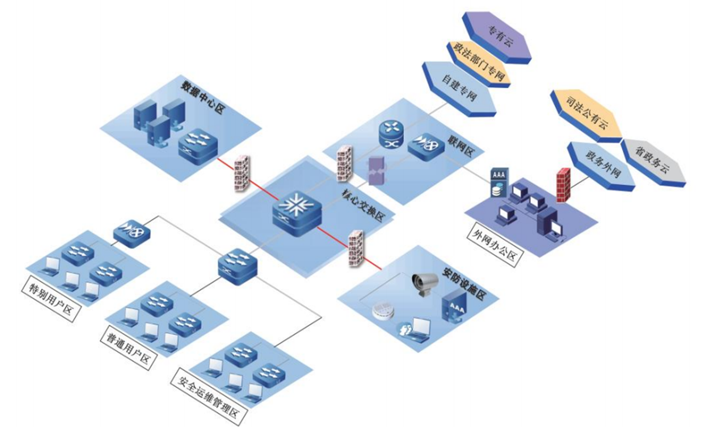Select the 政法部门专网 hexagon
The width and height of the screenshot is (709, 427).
(x=478, y=62)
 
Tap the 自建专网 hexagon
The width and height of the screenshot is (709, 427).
(x=459, y=88)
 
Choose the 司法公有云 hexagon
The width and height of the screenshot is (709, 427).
(x=586, y=114)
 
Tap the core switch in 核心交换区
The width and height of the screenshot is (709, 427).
(x=297, y=212)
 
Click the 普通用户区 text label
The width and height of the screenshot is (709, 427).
(x=128, y=347)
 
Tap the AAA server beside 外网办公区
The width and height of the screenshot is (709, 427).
(x=498, y=184)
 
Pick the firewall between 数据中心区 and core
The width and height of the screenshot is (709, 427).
(x=242, y=173)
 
